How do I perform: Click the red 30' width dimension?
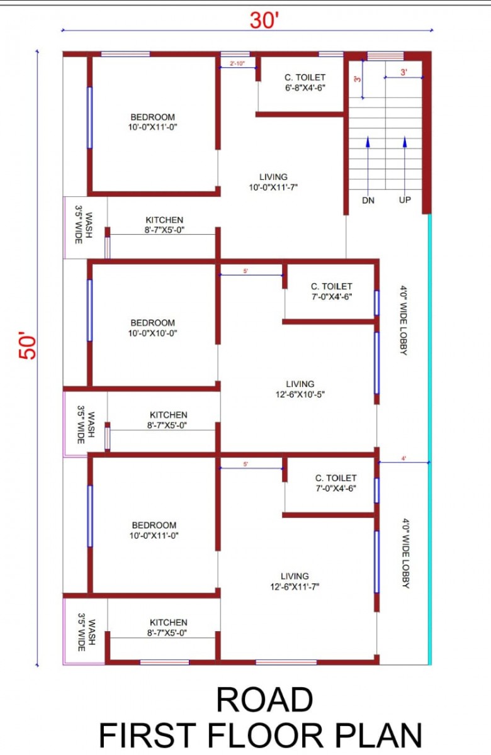coord(264,20)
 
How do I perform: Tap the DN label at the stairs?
coord(368,201)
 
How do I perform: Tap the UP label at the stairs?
coord(405,200)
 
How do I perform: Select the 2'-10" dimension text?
coord(237,64)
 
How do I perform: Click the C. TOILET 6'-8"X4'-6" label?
coord(305,82)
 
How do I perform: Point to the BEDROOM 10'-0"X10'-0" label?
coord(152,328)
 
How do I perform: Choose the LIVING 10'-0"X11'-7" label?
coord(273,182)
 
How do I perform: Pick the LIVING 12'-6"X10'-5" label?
coord(300,389)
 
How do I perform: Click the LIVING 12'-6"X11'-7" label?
coord(295,581)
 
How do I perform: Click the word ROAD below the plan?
coord(264,700)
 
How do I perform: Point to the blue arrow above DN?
coord(368,164)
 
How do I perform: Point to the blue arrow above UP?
coord(405,164)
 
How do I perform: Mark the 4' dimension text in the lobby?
coord(404,459)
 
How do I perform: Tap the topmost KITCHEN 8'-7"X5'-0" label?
coord(164,225)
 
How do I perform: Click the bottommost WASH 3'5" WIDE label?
coord(86,632)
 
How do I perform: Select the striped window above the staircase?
coord(385,56)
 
